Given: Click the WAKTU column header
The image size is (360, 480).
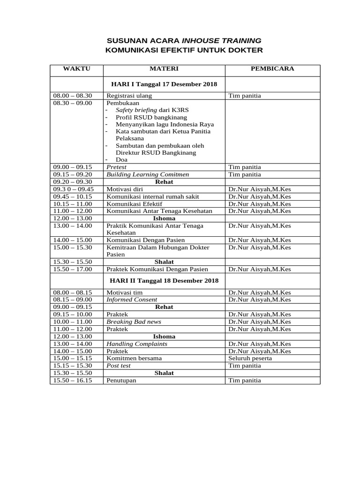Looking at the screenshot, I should [x=76, y=69].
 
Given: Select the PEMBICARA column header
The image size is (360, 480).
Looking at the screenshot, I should [x=272, y=69].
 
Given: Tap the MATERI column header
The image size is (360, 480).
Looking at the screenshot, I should [x=164, y=69].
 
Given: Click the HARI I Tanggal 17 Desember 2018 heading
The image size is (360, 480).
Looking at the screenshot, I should [x=164, y=84].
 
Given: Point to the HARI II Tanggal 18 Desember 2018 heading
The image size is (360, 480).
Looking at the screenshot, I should [x=164, y=281].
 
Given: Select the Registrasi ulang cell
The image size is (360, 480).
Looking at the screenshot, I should [x=129, y=96].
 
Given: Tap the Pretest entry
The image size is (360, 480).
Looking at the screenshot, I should [x=116, y=167].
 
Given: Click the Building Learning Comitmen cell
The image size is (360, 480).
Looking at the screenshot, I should [x=148, y=174].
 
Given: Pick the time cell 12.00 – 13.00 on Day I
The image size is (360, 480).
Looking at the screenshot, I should [x=73, y=218].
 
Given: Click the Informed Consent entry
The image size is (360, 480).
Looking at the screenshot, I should [x=132, y=300].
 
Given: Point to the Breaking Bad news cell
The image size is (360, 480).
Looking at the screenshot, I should [x=134, y=322].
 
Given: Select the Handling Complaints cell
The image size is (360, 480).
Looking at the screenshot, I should [x=137, y=344].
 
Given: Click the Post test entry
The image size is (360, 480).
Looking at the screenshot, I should [x=119, y=366].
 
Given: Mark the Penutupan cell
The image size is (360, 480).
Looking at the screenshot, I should [x=121, y=381].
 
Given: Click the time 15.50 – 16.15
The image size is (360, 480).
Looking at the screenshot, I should [x=73, y=381].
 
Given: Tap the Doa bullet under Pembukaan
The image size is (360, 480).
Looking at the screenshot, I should [x=121, y=159].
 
